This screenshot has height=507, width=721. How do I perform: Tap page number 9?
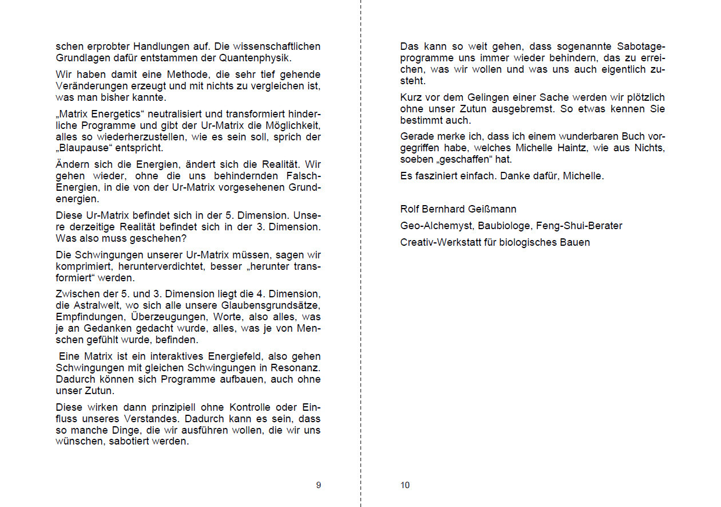[318, 485]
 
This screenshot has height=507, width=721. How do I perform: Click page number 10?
[405, 485]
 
